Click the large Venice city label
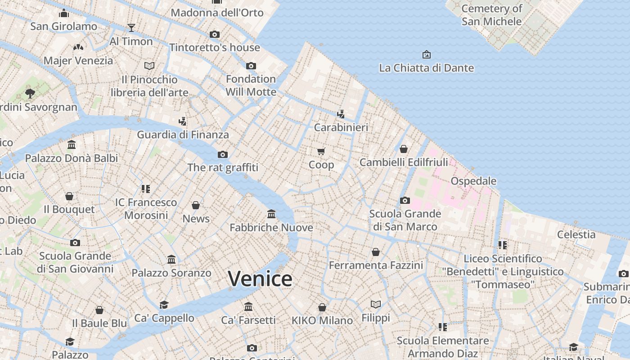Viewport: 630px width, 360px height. pyautogui.click(x=260, y=279)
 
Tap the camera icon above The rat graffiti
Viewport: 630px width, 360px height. pyautogui.click(x=223, y=154)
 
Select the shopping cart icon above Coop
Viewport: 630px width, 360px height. pyautogui.click(x=321, y=151)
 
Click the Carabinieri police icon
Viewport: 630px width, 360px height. pyautogui.click(x=341, y=114)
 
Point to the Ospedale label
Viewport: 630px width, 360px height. pyautogui.click(x=473, y=181)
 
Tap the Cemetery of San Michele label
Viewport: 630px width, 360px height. pyautogui.click(x=492, y=15)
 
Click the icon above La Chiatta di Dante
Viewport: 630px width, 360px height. pyautogui.click(x=426, y=54)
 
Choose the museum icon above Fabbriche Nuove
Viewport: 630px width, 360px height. pyautogui.click(x=271, y=213)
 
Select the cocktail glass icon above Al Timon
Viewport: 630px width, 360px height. pyautogui.click(x=131, y=28)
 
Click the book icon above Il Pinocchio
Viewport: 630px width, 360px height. pyautogui.click(x=149, y=66)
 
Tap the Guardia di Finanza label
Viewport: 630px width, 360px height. pyautogui.click(x=183, y=135)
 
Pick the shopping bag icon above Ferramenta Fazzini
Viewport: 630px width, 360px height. pyautogui.click(x=376, y=252)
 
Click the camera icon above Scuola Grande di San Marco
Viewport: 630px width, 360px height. pyautogui.click(x=405, y=200)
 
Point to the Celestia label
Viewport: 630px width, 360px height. pyautogui.click(x=576, y=234)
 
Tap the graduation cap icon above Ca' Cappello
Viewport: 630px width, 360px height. pyautogui.click(x=164, y=305)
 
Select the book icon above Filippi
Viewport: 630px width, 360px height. pyautogui.click(x=376, y=305)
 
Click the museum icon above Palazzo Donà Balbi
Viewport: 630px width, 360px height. pyautogui.click(x=72, y=145)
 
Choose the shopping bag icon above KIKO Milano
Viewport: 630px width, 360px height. pyautogui.click(x=322, y=307)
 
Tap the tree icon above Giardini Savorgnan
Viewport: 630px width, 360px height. pyautogui.click(x=30, y=94)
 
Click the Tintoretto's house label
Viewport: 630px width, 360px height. pyautogui.click(x=215, y=47)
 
